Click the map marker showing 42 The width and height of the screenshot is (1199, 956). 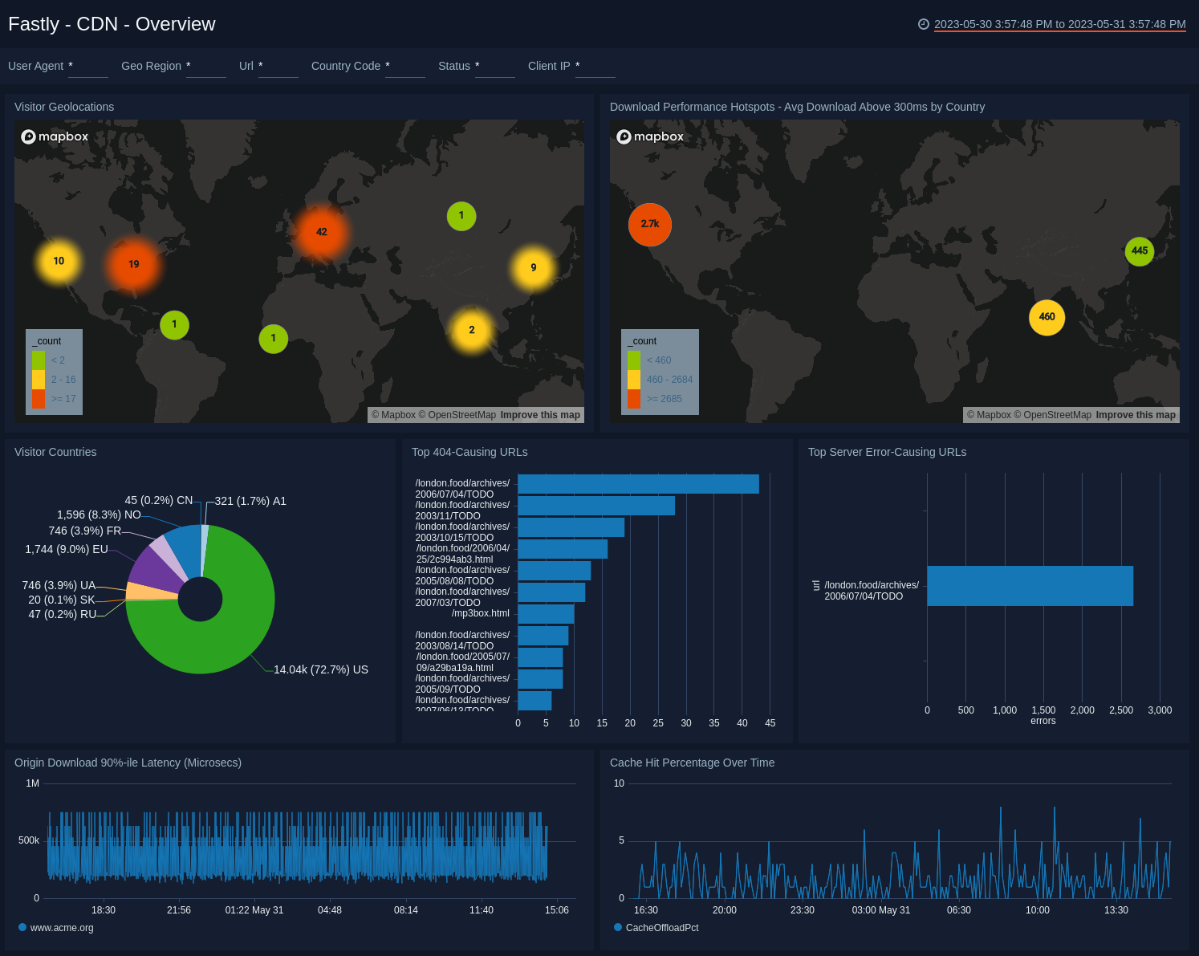coord(321,232)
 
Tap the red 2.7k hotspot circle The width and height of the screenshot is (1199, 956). coord(650,225)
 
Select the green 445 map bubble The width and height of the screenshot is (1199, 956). coord(1139,251)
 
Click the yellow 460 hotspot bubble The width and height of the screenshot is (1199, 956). coord(1047,317)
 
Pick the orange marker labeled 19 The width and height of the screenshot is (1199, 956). coord(134,264)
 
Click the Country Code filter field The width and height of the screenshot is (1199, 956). coord(404,67)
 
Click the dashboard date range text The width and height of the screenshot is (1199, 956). coord(1059,24)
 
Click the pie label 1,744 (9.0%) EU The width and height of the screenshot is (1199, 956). coord(67,549)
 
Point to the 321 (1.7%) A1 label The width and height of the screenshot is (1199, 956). coord(250,501)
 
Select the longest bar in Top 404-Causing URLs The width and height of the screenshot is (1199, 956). coord(638,484)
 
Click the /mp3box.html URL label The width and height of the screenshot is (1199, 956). coord(480,613)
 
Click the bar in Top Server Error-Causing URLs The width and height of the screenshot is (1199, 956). coord(1030,586)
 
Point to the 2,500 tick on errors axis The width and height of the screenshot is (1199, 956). coord(1120,710)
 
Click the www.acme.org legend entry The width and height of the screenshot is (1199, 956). coord(62,928)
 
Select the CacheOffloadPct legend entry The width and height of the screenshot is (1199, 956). coord(661,928)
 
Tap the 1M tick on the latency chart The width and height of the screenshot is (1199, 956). coord(32,783)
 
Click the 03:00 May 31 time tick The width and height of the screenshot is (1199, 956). coord(880,910)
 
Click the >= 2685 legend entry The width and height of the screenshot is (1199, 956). coord(664,399)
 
